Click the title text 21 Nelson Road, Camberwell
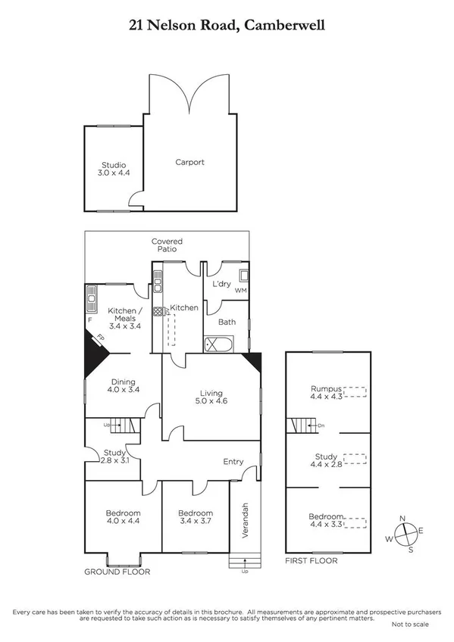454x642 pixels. [x=227, y=25]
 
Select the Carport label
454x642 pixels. [x=189, y=162]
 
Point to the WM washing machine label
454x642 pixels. [x=241, y=291]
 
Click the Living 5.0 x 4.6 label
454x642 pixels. [x=211, y=398]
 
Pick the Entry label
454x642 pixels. [x=233, y=462]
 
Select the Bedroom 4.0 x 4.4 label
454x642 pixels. [x=121, y=518]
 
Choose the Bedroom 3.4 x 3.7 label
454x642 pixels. [x=196, y=518]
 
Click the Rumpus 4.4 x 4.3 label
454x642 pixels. [x=327, y=392]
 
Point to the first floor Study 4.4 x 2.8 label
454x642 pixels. [x=327, y=461]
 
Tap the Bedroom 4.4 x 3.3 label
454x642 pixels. [x=327, y=521]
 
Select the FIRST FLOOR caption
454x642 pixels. [x=312, y=561]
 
